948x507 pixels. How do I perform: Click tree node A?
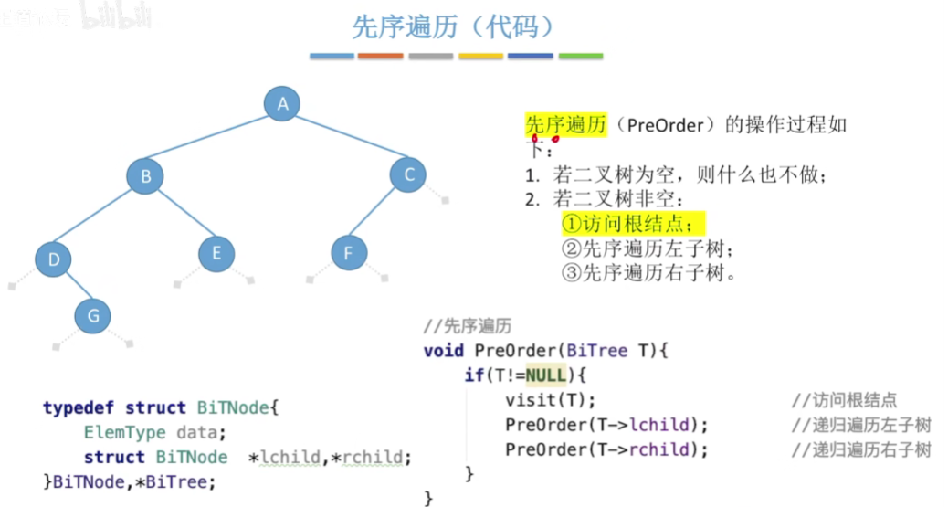point(283,103)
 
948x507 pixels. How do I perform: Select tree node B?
point(145,175)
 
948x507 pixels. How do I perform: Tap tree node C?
point(408,174)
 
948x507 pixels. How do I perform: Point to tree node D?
point(54,260)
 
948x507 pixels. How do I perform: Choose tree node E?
point(216,252)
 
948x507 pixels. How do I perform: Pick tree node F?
point(348,252)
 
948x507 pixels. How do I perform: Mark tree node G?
point(92,316)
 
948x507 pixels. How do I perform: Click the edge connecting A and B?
point(214,139)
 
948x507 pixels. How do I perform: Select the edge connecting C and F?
point(378,213)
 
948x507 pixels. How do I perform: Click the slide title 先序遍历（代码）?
point(454,26)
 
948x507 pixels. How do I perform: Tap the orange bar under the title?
point(380,56)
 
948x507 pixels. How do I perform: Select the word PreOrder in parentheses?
point(664,125)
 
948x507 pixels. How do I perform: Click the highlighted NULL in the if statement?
point(545,375)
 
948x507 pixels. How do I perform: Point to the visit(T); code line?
point(550,400)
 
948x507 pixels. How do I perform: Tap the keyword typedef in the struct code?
point(79,407)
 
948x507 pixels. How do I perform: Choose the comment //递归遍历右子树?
point(860,449)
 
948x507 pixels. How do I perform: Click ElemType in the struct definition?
point(125,432)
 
